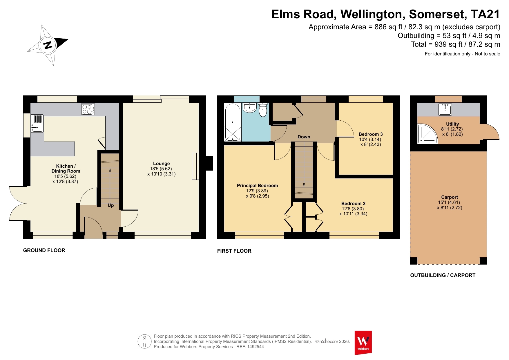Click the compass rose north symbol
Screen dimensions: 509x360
[48, 45]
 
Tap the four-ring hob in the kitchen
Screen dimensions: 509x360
[88, 109]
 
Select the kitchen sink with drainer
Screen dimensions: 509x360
[37, 124]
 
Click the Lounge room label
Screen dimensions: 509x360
[162, 164]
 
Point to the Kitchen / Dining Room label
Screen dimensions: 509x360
[66, 169]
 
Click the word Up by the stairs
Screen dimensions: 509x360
[111, 205]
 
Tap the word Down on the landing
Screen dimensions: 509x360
[304, 137]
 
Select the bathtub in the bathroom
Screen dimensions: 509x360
[233, 122]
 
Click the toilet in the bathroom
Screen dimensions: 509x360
[263, 110]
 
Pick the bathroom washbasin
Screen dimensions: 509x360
[250, 108]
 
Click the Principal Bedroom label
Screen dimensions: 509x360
[258, 186]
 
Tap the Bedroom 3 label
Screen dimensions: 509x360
[371, 134]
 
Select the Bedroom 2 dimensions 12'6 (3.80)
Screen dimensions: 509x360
[353, 209]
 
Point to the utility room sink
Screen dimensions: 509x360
[445, 110]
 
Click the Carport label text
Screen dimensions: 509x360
[450, 197]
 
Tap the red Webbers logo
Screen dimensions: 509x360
[363, 343]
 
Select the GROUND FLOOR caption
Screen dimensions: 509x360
[44, 250]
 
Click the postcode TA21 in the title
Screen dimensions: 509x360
[485, 14]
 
